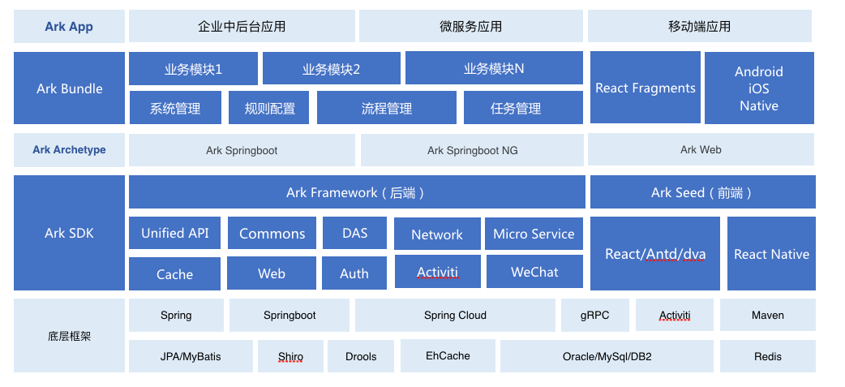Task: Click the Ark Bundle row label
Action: click(x=70, y=88)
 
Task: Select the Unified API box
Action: click(x=174, y=233)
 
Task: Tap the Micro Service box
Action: click(x=534, y=234)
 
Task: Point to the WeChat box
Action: click(x=534, y=272)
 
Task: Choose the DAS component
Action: click(x=354, y=233)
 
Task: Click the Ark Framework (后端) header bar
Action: click(x=357, y=192)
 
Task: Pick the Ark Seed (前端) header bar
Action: click(x=703, y=192)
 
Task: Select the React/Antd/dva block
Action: click(x=655, y=254)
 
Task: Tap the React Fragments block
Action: click(x=646, y=88)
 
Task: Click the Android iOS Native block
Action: click(x=759, y=88)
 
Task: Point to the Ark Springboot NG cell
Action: click(x=472, y=150)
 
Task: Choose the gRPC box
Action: click(x=595, y=316)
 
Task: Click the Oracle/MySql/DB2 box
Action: click(x=607, y=356)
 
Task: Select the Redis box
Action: click(x=768, y=356)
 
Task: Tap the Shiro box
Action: click(x=290, y=356)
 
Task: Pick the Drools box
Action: click(x=361, y=356)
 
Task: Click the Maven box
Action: click(x=768, y=316)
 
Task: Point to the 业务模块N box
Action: click(x=494, y=68)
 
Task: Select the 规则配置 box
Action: click(x=269, y=108)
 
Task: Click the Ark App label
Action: click(x=69, y=27)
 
